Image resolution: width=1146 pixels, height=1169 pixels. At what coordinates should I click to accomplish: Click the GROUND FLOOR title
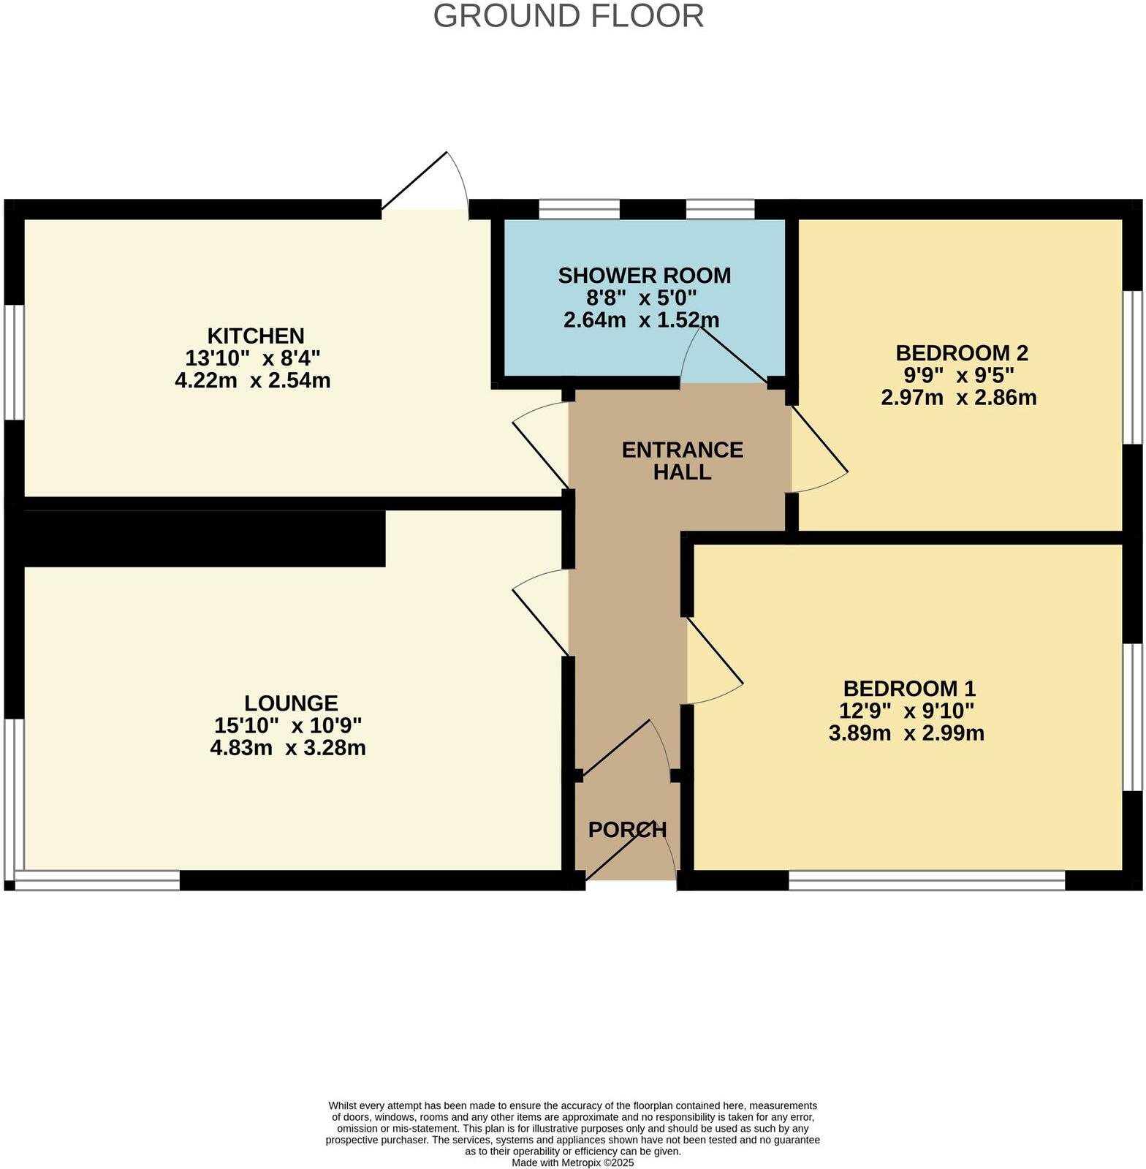coord(569,16)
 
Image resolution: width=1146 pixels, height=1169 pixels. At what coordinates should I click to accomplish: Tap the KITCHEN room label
coord(256,336)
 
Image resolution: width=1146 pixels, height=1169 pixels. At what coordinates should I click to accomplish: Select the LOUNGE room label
coord(291,703)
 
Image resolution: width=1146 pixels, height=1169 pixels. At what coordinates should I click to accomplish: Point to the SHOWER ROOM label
coord(644,276)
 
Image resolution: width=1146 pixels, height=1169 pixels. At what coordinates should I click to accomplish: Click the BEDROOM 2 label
coord(961,353)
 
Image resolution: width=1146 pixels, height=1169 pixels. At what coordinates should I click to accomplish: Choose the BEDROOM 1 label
coord(909,689)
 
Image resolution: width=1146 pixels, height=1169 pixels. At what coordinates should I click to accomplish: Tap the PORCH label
coord(627,830)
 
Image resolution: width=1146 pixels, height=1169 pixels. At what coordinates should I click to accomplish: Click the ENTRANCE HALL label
coord(683,461)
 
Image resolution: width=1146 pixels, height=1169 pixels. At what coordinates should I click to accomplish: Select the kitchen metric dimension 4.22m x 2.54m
coord(253,381)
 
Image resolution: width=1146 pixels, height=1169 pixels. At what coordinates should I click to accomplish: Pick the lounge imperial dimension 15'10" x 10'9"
coord(288,726)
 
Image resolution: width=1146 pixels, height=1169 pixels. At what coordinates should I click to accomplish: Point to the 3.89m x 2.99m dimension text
coord(906,733)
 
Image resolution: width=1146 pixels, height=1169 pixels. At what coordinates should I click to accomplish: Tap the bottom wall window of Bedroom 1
coord(927,880)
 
